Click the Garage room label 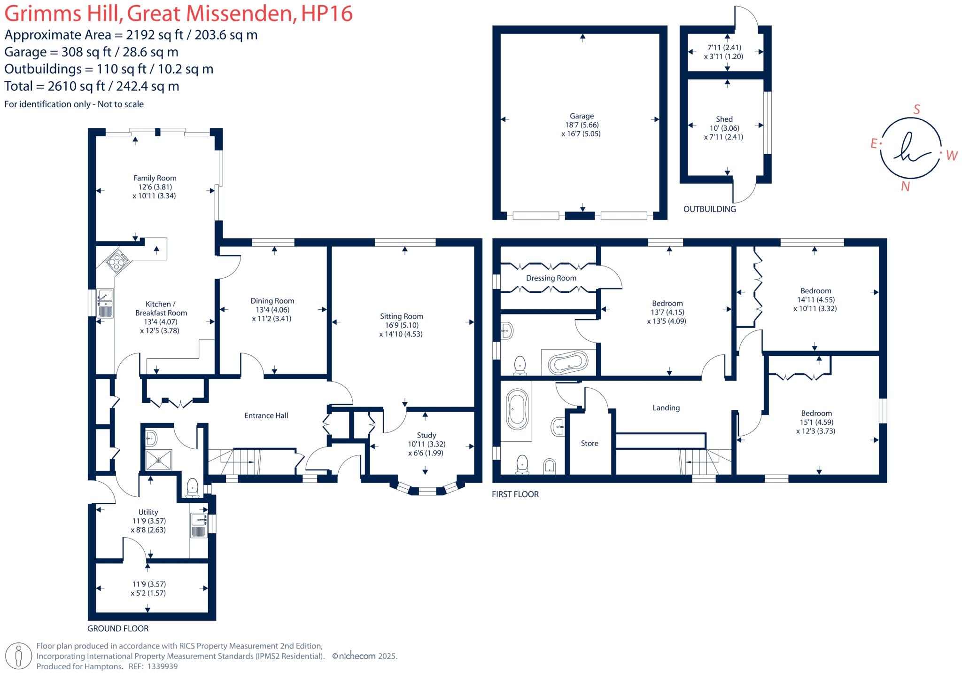coord(582,116)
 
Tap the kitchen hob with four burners coord(117,261)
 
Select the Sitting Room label coord(402,316)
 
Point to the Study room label coord(426,435)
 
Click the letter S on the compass coord(916,110)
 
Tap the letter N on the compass coord(905,187)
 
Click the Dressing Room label coord(551,278)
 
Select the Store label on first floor coord(590,443)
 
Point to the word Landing coord(666,408)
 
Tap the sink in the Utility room coord(199,519)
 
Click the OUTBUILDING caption coord(709,209)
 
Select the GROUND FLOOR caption coord(118,628)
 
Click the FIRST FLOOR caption coord(515,494)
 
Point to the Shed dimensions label coord(724,128)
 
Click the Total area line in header coord(92,86)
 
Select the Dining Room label coord(272,301)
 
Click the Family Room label coord(155,178)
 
